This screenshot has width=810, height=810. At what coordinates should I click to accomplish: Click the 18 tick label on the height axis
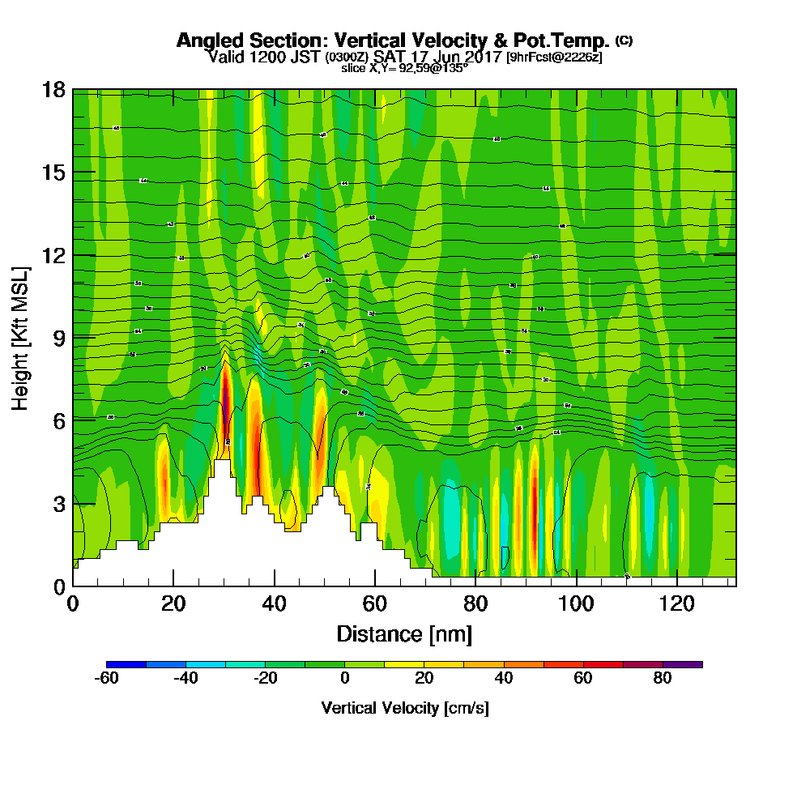53,90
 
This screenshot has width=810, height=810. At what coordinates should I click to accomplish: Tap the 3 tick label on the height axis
58,503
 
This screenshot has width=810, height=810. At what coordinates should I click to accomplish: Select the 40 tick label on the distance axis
275,603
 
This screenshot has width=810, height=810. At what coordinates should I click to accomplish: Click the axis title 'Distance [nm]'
404,633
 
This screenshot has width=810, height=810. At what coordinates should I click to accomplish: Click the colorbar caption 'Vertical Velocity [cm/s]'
404,708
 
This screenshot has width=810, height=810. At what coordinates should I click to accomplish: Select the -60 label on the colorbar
107,679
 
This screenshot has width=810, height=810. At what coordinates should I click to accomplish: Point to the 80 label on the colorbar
663,679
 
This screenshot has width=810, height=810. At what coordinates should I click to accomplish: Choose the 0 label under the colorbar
345,679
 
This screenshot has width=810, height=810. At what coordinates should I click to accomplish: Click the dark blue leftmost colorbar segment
126,664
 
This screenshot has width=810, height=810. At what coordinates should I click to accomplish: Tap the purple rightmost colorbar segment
682,664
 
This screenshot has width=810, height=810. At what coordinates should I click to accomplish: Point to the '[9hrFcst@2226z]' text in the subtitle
554,58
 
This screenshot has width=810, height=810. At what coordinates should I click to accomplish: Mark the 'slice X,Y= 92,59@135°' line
404,68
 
